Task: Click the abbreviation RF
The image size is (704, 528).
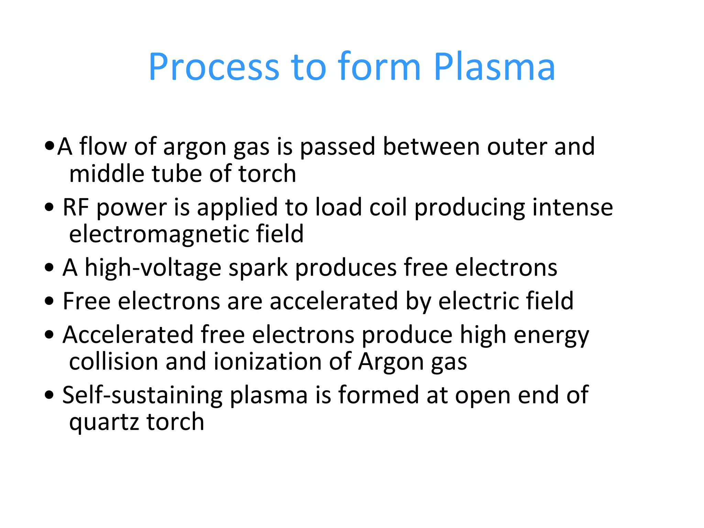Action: (76, 207)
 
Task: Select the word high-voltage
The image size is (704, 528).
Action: (153, 268)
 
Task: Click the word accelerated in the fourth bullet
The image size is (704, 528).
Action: (333, 301)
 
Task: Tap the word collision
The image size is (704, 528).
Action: (113, 362)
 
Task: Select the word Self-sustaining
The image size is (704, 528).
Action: (142, 395)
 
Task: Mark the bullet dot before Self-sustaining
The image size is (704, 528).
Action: (49, 395)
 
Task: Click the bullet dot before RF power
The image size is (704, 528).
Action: (49, 207)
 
